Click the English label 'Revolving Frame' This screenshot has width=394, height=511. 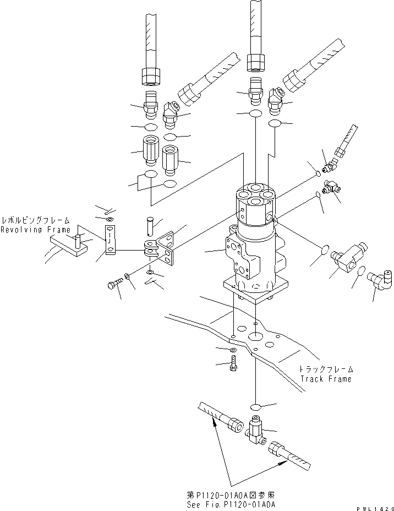tap(35, 230)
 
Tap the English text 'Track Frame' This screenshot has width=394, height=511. tap(325, 379)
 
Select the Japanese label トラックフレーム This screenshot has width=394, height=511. tap(325, 369)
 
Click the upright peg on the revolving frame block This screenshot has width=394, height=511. tap(78, 240)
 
